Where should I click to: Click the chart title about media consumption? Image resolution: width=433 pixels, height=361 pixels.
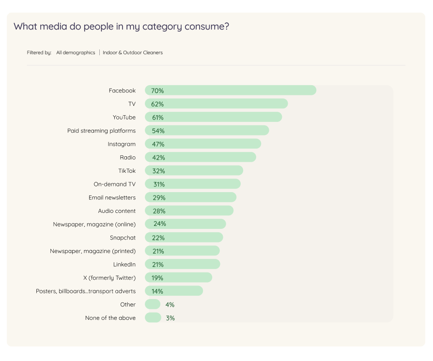point(121,27)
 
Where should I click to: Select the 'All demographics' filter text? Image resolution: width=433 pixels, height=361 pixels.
point(76,53)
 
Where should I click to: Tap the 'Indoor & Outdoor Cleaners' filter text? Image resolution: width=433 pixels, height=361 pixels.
point(133,53)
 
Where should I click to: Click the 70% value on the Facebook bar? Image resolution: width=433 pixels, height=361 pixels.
point(157,91)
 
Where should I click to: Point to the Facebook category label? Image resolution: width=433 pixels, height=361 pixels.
point(122,90)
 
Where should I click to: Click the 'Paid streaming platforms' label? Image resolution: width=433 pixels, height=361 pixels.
point(101,131)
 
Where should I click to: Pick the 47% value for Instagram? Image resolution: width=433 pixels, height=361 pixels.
point(158,144)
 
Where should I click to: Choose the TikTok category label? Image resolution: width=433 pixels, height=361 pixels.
point(127,171)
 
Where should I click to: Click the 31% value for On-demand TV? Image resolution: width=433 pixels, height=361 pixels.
point(159,184)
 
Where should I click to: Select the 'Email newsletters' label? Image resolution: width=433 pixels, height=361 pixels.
point(112,197)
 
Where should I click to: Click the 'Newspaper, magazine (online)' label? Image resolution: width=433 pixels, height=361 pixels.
point(94,224)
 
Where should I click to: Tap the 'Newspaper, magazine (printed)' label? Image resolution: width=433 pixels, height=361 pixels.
point(93,251)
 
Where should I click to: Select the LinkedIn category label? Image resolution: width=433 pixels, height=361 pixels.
point(124,264)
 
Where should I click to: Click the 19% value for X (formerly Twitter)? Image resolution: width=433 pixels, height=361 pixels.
point(157,278)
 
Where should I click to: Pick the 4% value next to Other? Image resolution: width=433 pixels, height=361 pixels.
point(170,305)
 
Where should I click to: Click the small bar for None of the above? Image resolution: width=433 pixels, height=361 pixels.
point(153,318)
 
